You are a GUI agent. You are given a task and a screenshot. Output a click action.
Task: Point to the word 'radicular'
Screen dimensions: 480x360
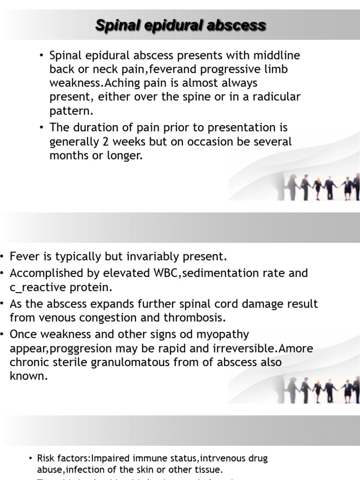[277, 97]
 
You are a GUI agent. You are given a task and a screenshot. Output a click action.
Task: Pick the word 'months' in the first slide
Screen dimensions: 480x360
[67, 155]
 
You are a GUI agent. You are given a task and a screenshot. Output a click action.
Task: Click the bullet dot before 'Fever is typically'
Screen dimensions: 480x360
[3, 257]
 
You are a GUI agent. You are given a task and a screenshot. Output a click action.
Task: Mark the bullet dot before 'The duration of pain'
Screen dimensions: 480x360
[42, 127]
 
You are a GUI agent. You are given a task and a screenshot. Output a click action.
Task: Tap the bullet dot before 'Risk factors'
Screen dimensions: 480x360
[31, 458]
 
